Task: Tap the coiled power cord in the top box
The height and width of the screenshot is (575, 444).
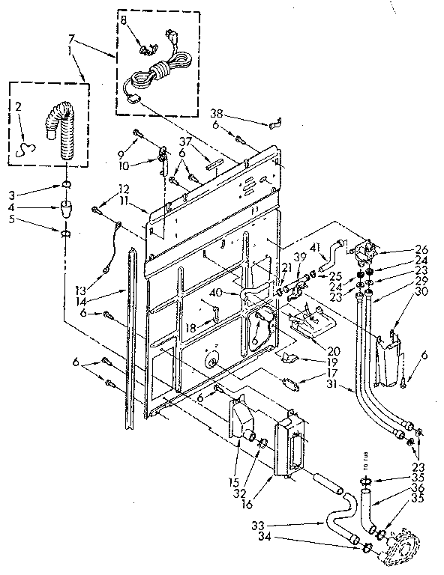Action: pos(158,75)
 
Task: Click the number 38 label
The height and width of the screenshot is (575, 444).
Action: pos(217,114)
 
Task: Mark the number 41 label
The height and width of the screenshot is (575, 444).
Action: pos(313,247)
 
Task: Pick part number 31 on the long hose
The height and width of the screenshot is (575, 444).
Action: pos(328,386)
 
